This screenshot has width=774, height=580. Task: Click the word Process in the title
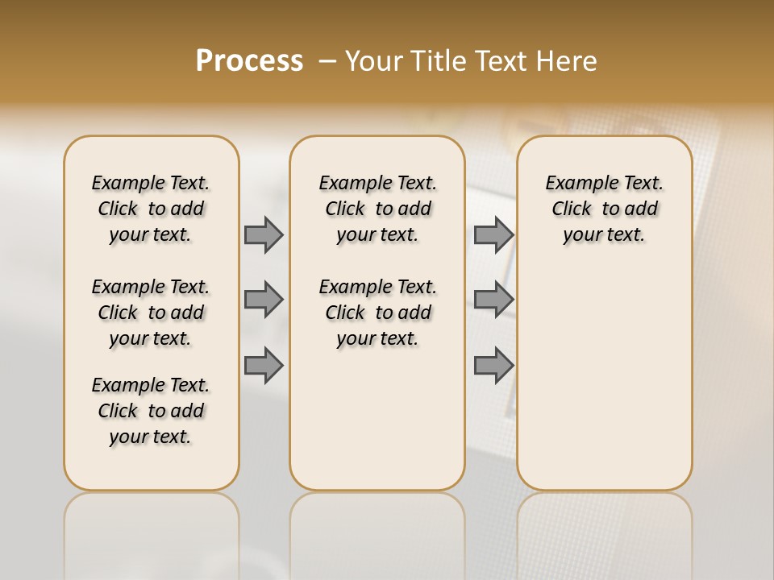pos(249,61)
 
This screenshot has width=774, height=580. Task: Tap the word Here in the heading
pos(564,61)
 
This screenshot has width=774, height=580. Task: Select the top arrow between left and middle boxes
pos(264,234)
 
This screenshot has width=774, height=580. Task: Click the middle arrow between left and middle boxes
pos(264,300)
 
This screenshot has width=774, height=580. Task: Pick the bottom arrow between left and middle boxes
pos(264,366)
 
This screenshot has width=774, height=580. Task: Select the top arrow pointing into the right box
pos(493,234)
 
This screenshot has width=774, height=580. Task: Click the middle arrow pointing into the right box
pos(493,300)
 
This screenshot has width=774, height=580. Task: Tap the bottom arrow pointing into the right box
pos(493,366)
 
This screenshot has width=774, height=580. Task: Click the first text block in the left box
pos(151,209)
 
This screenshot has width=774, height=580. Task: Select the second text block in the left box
pos(151,313)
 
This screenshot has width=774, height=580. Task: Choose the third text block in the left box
pos(151,411)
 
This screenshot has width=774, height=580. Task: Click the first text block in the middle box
pos(377,209)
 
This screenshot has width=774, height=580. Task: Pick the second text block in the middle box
pos(377,313)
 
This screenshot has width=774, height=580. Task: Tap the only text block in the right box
pos(604,209)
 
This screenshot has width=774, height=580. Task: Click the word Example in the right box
pos(576,184)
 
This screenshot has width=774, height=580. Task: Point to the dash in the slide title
pos(327,62)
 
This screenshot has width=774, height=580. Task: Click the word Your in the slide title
pos(370,61)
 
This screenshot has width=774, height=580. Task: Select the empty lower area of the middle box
pos(377,419)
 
